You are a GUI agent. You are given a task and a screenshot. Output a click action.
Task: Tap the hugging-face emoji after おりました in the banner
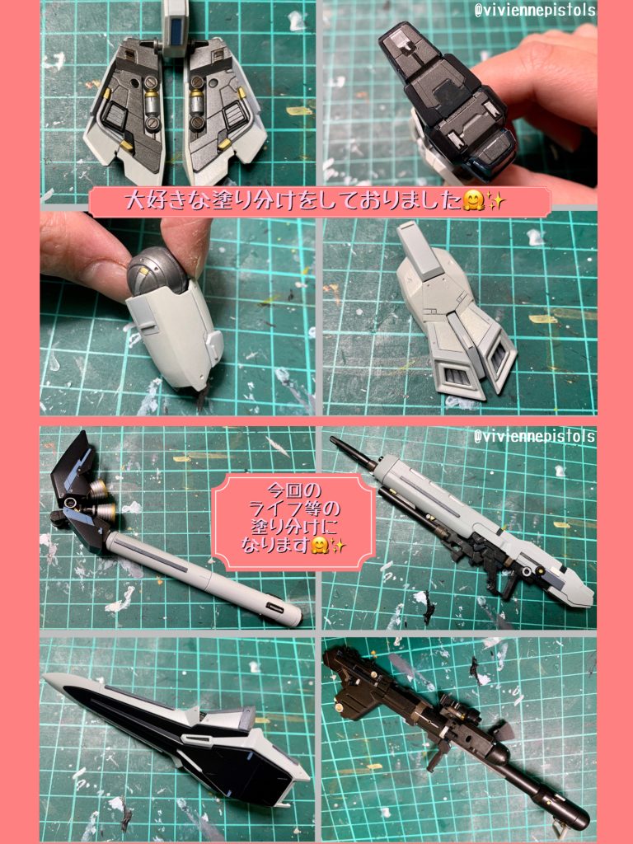[x=472, y=201]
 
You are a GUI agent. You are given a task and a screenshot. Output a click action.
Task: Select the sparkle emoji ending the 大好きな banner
[x=495, y=201]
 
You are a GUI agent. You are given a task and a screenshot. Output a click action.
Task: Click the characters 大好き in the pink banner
[x=154, y=201]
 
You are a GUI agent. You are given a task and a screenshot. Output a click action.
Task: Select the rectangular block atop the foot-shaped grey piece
[x=414, y=244]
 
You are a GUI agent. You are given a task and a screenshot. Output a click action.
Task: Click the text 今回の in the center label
[x=294, y=490]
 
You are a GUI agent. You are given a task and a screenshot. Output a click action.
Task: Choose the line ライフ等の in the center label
[x=294, y=509]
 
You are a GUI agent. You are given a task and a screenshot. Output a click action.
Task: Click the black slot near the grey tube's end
[x=274, y=608]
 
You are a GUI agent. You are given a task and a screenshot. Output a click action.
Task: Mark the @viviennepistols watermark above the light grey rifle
[x=534, y=435]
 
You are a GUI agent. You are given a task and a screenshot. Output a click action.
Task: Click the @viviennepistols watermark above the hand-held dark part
[x=534, y=9]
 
